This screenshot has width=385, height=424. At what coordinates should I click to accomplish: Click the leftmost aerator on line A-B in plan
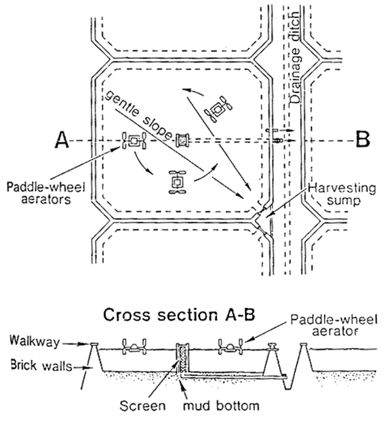pos(134,141)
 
